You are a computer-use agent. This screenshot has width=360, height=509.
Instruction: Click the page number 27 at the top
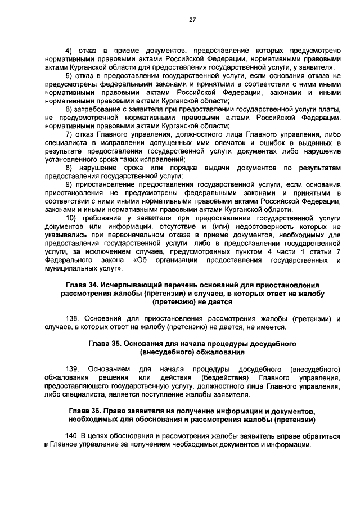click(x=192, y=20)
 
